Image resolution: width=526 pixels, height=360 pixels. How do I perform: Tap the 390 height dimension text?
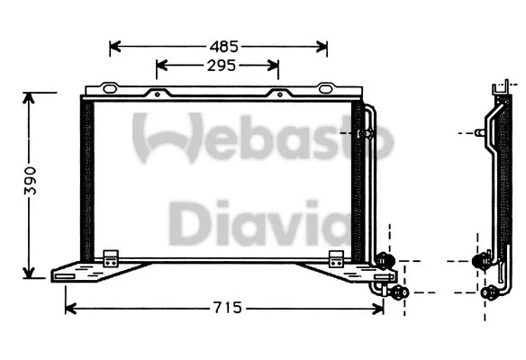pos(29,184)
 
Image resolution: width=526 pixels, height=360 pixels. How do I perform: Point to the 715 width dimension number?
pos(227,308)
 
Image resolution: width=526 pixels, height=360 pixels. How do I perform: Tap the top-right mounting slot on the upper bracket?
pos(327,88)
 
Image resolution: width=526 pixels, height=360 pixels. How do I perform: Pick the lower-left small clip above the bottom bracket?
pos(112,256)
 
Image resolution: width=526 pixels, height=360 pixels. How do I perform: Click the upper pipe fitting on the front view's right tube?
pos(365,134)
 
